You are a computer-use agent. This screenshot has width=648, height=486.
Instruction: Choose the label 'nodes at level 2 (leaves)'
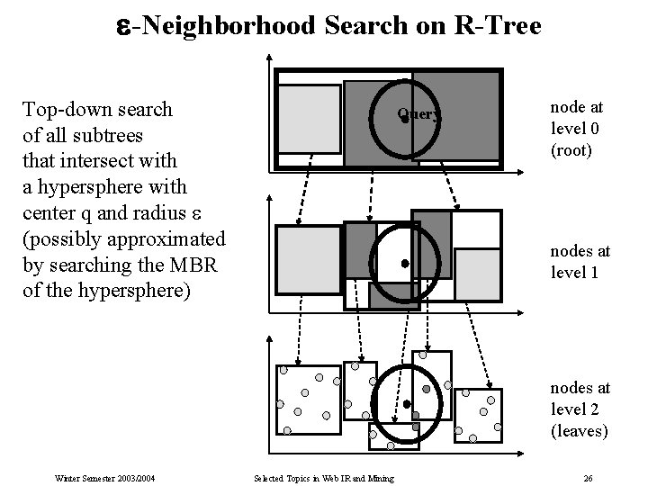point(580,409)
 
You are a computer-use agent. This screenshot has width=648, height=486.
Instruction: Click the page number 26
point(587,477)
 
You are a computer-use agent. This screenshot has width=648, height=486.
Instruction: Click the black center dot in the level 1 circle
point(405,263)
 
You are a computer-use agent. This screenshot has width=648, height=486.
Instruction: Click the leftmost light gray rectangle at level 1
point(309,259)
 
